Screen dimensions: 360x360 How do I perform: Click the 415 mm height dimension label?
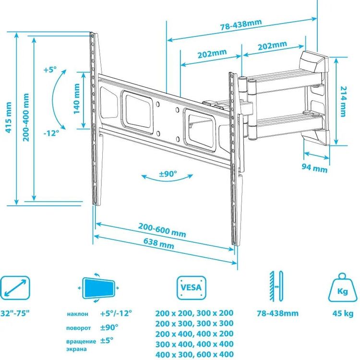click(9, 117)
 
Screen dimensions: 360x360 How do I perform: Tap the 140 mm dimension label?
click(76, 98)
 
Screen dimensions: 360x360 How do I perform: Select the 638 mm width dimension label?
click(159, 243)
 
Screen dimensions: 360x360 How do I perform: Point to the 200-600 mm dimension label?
click(162, 230)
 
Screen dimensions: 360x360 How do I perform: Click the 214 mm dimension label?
click(343, 101)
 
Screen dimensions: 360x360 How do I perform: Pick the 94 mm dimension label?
click(314, 168)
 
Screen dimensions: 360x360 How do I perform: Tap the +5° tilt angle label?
click(50, 69)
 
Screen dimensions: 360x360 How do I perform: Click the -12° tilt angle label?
click(51, 133)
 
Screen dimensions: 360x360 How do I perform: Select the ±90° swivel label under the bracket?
click(168, 174)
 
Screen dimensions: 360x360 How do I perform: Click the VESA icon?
click(192, 288)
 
